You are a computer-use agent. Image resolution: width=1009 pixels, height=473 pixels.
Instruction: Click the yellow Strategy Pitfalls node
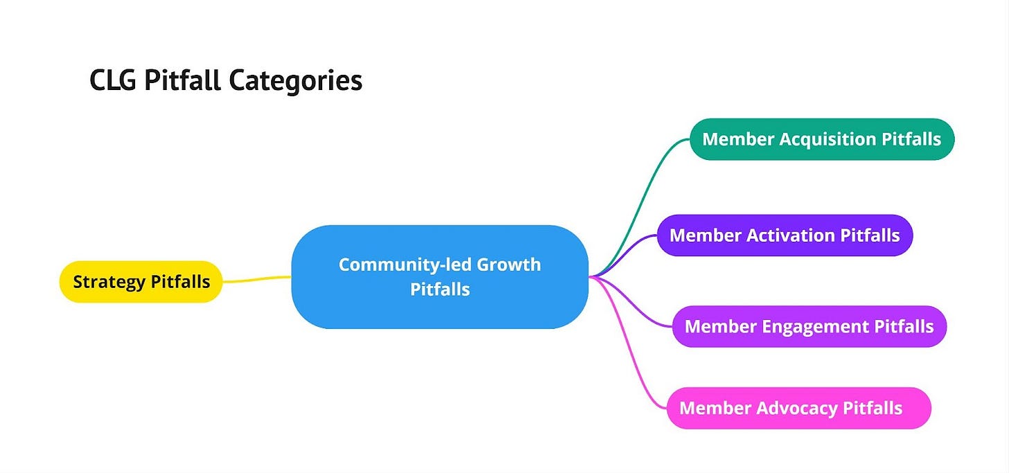(x=141, y=282)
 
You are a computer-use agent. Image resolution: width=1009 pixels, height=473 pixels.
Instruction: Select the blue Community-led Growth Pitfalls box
(x=439, y=277)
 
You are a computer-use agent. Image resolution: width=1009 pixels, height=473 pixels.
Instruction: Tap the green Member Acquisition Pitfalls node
(x=822, y=139)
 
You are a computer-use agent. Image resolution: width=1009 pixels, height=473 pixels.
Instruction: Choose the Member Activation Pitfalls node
(x=784, y=235)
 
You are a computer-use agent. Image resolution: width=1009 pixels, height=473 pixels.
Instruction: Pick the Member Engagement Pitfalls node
(x=809, y=326)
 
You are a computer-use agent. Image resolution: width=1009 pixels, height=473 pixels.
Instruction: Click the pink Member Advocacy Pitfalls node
(x=798, y=408)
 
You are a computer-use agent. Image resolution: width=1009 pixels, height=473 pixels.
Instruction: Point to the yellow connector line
(x=256, y=279)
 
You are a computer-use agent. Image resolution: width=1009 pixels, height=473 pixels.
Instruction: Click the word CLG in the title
(x=112, y=81)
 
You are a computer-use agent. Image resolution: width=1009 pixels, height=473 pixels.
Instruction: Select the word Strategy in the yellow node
(x=107, y=282)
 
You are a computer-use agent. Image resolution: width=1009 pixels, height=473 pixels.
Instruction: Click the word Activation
(x=790, y=235)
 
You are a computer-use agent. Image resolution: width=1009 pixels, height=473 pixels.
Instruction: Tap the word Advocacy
(x=797, y=408)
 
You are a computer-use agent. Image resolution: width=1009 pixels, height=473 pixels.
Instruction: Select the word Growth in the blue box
(x=509, y=265)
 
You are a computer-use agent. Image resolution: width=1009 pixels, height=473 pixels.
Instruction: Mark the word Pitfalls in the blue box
(x=440, y=289)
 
